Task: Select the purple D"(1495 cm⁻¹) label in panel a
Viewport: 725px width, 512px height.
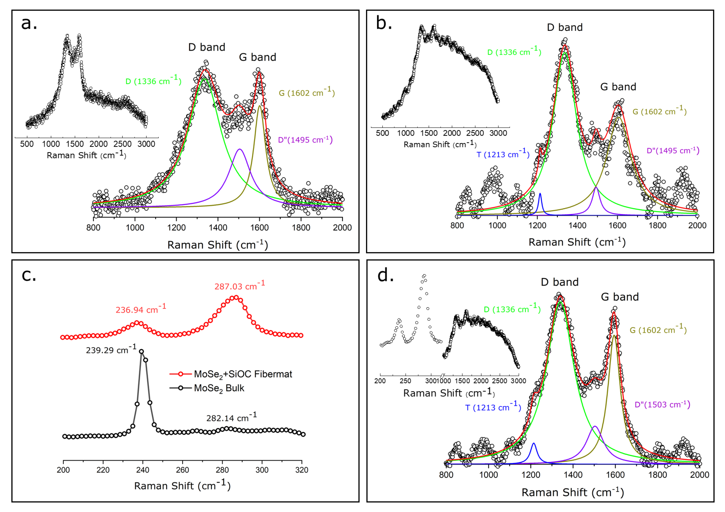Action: pyautogui.click(x=305, y=140)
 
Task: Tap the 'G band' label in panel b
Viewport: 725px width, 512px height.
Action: pyautogui.click(x=618, y=87)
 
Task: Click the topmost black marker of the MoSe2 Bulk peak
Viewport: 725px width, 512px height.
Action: pyautogui.click(x=141, y=351)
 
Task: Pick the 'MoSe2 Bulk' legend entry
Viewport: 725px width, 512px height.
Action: pyautogui.click(x=219, y=388)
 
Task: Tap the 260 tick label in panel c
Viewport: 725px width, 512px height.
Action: pyautogui.click(x=183, y=470)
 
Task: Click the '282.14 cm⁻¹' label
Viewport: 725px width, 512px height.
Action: pyautogui.click(x=231, y=418)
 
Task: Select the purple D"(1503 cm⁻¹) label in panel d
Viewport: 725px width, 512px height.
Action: pyautogui.click(x=662, y=405)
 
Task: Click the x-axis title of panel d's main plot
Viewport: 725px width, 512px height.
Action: pyautogui.click(x=572, y=492)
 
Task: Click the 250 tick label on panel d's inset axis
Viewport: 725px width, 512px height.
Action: pyautogui.click(x=405, y=381)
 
